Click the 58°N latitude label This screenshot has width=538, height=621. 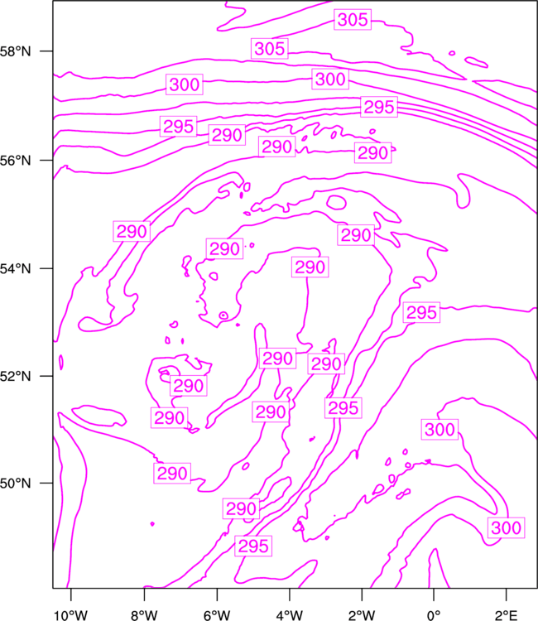pos(15,51)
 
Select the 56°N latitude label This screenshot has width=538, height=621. pos(15,161)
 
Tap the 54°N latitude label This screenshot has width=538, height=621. pos(15,269)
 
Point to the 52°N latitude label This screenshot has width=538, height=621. pos(15,376)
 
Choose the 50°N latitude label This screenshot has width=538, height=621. pos(15,484)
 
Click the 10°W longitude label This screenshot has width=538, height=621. pos(71,615)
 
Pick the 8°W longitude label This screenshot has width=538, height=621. pos(144,615)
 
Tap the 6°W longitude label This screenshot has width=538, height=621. pos(217,615)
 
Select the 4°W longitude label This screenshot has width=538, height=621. pos(290,615)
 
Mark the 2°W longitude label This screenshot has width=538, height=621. pos(362,615)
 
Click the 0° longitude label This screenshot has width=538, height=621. pos(434,615)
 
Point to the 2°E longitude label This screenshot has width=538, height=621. pos(506,615)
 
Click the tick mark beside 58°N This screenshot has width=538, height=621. pos(46,51)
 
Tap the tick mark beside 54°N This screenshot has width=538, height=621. pos(46,268)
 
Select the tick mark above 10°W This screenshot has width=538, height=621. pos(71,595)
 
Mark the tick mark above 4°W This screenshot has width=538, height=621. pos(290,595)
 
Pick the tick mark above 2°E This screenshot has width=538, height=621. pos(506,595)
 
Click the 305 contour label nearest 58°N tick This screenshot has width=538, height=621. pos(270,49)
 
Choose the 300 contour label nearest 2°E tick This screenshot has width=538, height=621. pos(506,527)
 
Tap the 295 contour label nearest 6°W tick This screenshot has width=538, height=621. pos(253,546)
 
